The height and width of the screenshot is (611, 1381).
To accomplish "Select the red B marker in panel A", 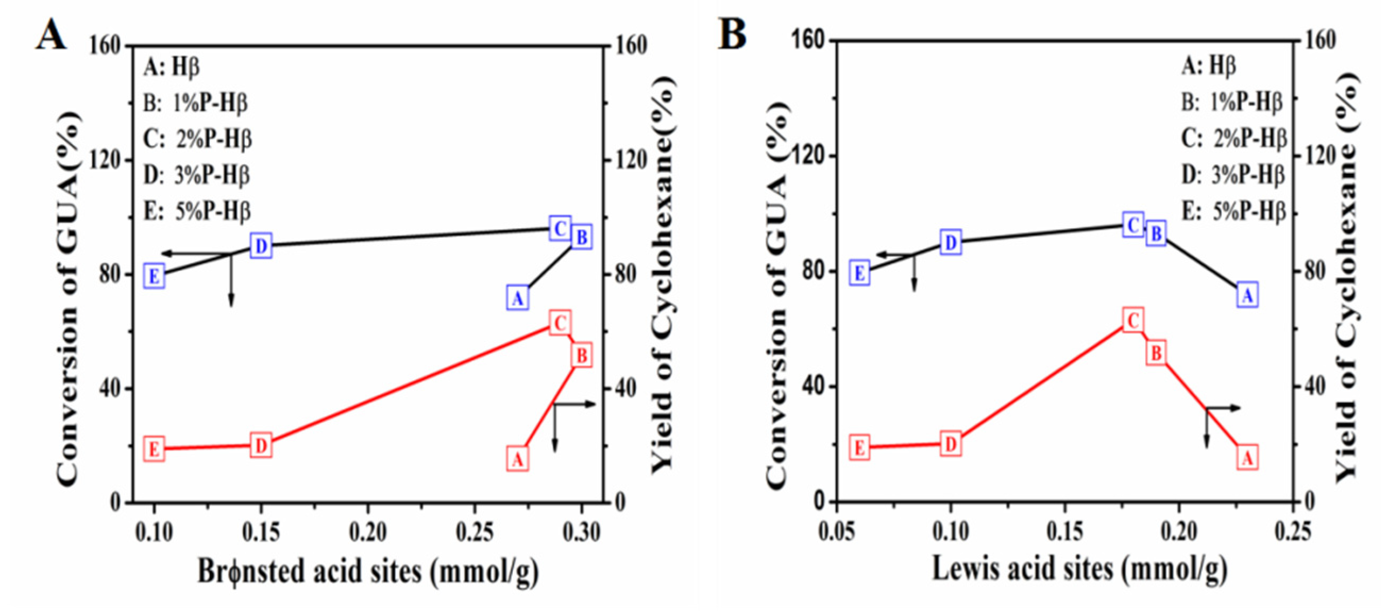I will pyautogui.click(x=582, y=355).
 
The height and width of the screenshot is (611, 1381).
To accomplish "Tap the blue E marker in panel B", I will pyautogui.click(x=859, y=273).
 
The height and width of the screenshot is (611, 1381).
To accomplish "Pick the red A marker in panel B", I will pyautogui.click(x=1247, y=458).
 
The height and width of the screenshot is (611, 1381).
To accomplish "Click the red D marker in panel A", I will pyautogui.click(x=261, y=446).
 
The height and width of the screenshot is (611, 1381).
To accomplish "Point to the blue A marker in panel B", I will pyautogui.click(x=1247, y=295).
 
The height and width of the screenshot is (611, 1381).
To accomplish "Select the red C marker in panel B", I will pyautogui.click(x=1133, y=321).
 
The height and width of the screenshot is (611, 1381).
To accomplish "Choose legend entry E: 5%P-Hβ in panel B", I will pyautogui.click(x=1234, y=212).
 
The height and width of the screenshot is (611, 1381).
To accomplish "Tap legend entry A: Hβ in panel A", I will pyautogui.click(x=172, y=67).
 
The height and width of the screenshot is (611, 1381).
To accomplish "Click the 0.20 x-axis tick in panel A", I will pyautogui.click(x=368, y=532).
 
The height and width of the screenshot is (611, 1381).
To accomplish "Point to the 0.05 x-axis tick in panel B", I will pyautogui.click(x=836, y=531).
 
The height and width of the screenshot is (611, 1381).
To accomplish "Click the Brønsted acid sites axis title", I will pyautogui.click(x=368, y=571).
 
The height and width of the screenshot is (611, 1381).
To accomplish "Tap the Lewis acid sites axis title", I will pyautogui.click(x=1079, y=568).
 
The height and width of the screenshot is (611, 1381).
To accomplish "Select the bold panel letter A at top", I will pyautogui.click(x=51, y=36).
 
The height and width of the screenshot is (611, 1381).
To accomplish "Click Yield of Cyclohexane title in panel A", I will pyautogui.click(x=663, y=273).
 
